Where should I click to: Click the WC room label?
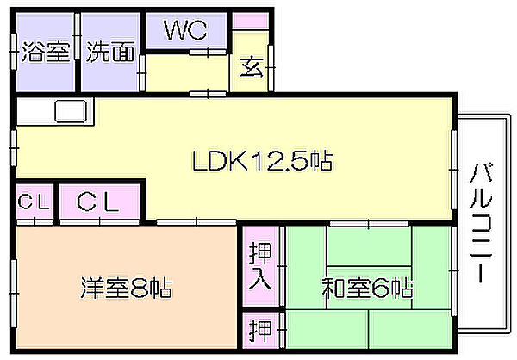(186, 30)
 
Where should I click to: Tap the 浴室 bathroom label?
(46, 52)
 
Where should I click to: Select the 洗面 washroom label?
(111, 52)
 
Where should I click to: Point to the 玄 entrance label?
(252, 67)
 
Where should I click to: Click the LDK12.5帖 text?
(262, 160)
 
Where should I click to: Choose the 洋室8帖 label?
(126, 289)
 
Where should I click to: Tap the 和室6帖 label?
(367, 289)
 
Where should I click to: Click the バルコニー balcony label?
(481, 223)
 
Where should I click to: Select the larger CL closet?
(100, 201)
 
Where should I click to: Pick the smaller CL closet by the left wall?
(34, 201)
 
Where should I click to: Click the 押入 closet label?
(260, 266)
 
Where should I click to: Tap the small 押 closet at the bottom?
(260, 330)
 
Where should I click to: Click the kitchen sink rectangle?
(71, 111)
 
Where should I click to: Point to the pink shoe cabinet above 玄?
(251, 21)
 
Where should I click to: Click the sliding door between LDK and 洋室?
(196, 222)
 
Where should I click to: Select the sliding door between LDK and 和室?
(369, 224)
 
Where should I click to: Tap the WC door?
(208, 52)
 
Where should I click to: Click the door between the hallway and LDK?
(208, 94)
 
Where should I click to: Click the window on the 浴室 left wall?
(14, 52)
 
